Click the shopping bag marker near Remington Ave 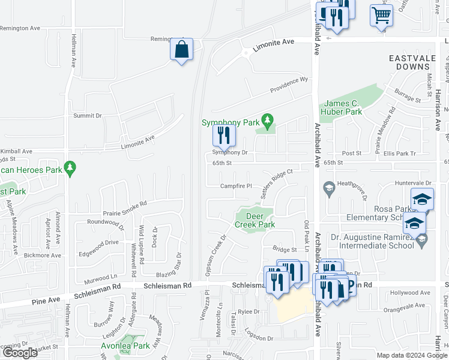181,50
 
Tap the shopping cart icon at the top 381,15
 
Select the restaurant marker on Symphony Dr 224,136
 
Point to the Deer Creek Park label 255,220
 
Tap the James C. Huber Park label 343,107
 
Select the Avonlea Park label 125,346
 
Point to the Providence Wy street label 289,84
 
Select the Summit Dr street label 88,115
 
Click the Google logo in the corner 19,353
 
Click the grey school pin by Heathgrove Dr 329,189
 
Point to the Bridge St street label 285,249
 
